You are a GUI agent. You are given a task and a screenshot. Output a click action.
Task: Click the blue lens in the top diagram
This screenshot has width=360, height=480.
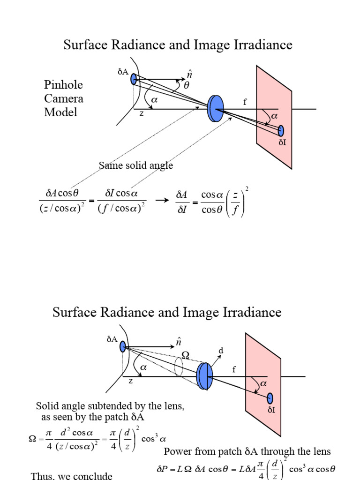pos(216,109)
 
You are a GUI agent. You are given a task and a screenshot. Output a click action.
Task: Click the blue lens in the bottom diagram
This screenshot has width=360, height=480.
pos(204,376)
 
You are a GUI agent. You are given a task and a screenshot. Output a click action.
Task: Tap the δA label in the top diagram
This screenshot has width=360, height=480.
pos(123,72)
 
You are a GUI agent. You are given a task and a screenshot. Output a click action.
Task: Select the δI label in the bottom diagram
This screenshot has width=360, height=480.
pos(271,410)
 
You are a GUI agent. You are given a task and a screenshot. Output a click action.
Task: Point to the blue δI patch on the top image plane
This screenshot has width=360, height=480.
pos(281,131)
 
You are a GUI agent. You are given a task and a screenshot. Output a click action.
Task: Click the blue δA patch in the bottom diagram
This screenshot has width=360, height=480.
pos(123,347)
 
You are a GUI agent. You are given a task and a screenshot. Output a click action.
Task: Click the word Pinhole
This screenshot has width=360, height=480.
pos(63,85)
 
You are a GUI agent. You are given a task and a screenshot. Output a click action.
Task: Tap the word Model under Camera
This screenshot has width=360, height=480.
pos(60,112)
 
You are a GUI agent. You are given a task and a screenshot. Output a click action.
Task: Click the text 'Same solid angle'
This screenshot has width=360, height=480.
pos(136,165)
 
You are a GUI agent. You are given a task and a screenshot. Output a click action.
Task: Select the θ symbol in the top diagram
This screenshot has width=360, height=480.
pos(187,86)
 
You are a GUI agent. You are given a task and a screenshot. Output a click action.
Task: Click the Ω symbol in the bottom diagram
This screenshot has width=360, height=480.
pos(186,356)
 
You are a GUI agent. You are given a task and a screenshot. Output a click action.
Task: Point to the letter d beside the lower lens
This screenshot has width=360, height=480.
pos(221,351)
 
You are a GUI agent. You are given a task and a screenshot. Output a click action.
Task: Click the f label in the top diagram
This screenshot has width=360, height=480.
pos(244,102)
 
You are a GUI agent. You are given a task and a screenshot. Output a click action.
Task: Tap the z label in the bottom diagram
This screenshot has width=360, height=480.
pos(131,381)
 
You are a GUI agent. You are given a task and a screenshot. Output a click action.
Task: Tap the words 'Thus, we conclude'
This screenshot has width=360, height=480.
pos(72,476)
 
